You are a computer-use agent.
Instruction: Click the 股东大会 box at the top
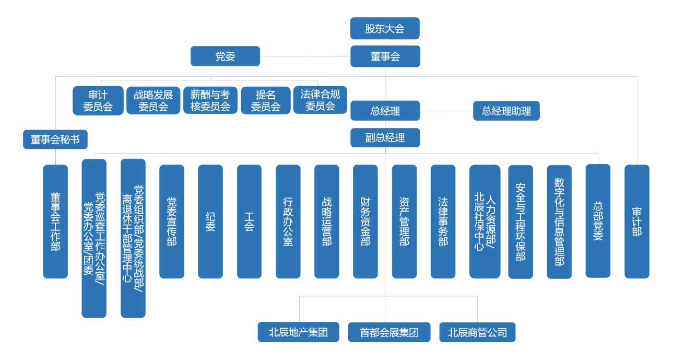(385, 29)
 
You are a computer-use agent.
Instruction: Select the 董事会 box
(385, 56)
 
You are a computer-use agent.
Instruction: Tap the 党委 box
(225, 56)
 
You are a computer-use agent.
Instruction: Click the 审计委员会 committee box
(98, 100)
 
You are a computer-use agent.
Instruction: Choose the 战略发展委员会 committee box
(153, 100)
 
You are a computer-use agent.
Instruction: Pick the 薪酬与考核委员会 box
(210, 100)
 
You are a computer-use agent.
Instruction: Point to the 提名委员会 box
(265, 100)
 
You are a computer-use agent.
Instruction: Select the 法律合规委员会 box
(320, 100)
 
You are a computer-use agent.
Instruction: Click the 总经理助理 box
(506, 111)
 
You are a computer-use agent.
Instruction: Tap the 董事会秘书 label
(55, 140)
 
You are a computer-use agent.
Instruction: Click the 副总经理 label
(385, 138)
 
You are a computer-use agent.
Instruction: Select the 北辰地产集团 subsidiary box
(298, 333)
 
